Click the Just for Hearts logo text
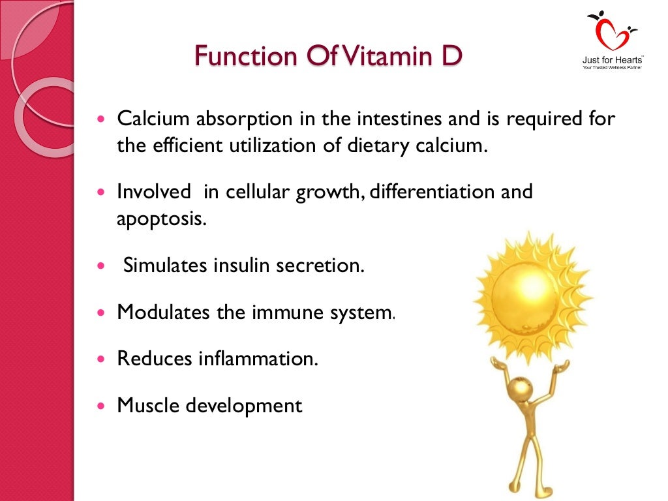click(x=612, y=61)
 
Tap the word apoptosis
click(x=161, y=218)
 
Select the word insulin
click(x=240, y=266)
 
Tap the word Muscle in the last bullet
click(x=149, y=405)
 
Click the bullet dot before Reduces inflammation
click(x=100, y=359)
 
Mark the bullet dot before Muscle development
click(x=100, y=406)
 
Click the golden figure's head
click(x=521, y=389)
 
